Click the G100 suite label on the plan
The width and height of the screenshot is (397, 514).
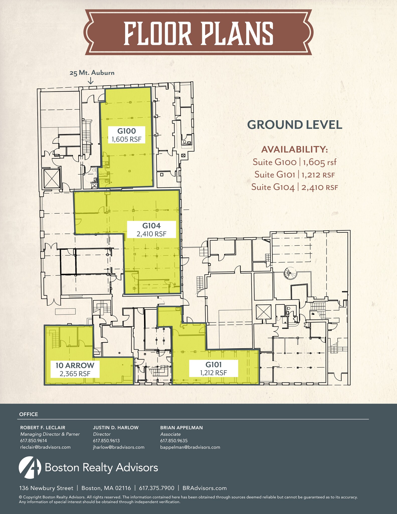pyautogui.click(x=127, y=135)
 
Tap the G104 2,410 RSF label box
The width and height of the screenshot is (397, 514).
pyautogui.click(x=151, y=230)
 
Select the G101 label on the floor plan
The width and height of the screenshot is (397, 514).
pyautogui.click(x=213, y=368)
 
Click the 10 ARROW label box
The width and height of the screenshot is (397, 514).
pyautogui.click(x=75, y=369)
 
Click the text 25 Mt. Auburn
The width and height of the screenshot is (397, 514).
pyautogui.click(x=92, y=73)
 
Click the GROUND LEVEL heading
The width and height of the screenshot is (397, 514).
pyautogui.click(x=295, y=125)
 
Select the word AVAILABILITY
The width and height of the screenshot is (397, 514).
pyautogui.click(x=295, y=149)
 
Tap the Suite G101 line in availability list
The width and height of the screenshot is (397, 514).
pyautogui.click(x=295, y=174)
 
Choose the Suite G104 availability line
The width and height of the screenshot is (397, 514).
pyautogui.click(x=295, y=187)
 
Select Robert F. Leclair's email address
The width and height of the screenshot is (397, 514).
pyautogui.click(x=45, y=447)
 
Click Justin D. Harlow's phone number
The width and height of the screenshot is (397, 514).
pyautogui.click(x=106, y=440)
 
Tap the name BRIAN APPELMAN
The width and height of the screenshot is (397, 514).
pyautogui.click(x=182, y=427)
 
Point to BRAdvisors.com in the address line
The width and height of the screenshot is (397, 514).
pyautogui.click(x=204, y=488)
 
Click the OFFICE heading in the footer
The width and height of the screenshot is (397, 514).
pyautogui.click(x=29, y=414)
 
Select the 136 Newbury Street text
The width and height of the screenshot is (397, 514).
pyautogui.click(x=46, y=488)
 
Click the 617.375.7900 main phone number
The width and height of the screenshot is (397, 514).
pyautogui.click(x=156, y=488)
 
